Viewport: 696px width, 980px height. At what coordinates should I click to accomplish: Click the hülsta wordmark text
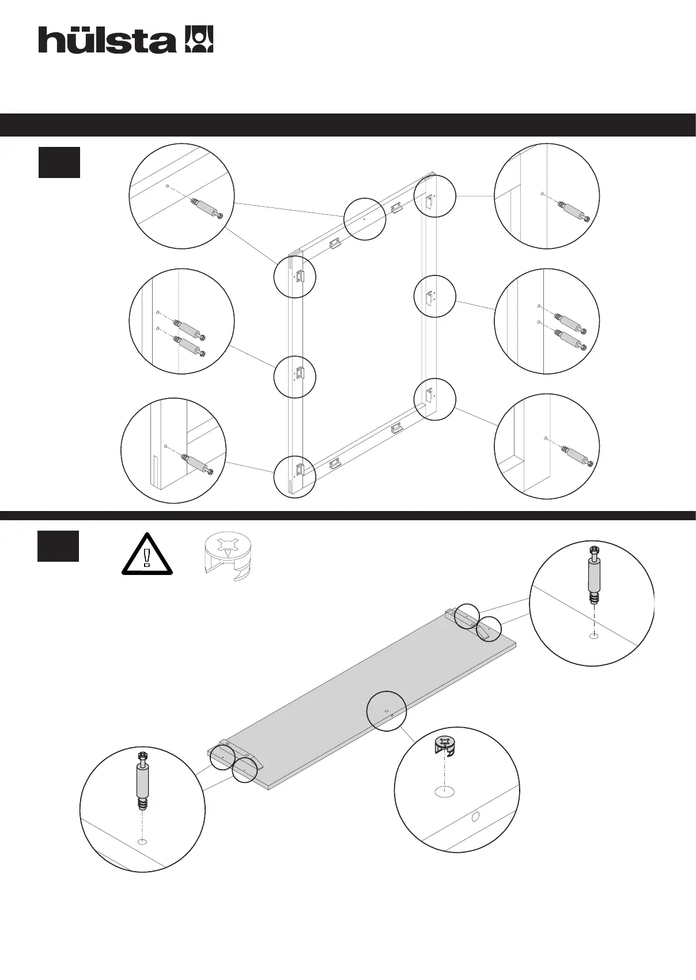[x=107, y=40]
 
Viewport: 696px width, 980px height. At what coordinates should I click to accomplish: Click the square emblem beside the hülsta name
[x=199, y=39]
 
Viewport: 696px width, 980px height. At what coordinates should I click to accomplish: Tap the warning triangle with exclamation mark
[x=147, y=554]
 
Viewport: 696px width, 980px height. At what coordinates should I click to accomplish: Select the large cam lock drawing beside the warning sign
[x=229, y=555]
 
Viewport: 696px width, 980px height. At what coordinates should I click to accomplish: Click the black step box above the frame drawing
[x=59, y=162]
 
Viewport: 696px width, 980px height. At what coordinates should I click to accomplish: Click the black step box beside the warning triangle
[x=58, y=546]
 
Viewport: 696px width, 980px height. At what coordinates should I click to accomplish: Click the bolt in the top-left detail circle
[x=206, y=207]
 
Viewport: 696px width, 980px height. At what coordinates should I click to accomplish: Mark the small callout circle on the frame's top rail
[x=365, y=218]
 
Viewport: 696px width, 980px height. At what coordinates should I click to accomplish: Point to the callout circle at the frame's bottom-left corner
[x=294, y=476]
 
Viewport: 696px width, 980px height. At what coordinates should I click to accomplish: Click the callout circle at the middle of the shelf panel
[x=387, y=711]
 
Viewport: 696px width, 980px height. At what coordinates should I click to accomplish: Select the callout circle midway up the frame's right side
[x=435, y=296]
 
